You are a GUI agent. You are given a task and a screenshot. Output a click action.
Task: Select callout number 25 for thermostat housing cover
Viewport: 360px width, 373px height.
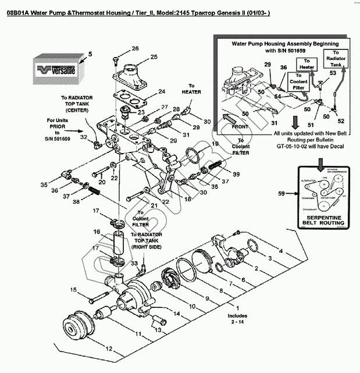tap(154, 56)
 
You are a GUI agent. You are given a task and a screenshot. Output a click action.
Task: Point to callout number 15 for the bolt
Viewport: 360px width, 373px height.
tap(74, 289)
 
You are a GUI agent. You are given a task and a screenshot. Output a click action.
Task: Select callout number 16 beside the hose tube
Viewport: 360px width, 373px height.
tap(97, 232)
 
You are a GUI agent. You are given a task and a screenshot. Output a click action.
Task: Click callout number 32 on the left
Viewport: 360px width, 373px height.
tap(84, 137)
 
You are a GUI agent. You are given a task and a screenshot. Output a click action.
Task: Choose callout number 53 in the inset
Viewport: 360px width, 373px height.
tap(333, 73)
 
